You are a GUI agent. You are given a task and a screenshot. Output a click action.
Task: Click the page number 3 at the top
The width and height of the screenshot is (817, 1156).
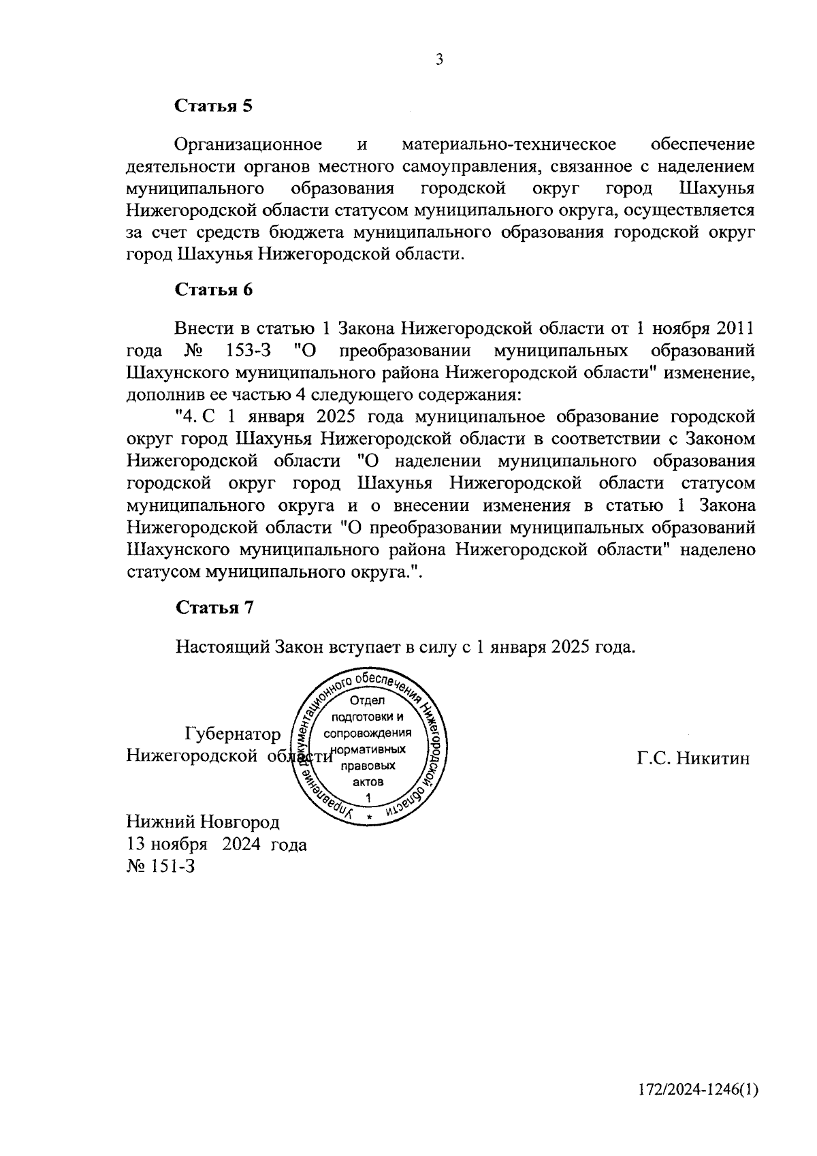click(440, 60)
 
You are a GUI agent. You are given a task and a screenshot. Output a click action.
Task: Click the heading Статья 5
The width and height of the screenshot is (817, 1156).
click(214, 106)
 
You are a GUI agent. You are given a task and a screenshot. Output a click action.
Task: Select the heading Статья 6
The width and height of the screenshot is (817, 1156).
click(214, 290)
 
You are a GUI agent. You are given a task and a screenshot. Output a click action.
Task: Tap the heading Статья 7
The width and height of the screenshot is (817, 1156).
click(214, 608)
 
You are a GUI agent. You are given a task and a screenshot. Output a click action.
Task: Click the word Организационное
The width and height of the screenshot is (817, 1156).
click(248, 144)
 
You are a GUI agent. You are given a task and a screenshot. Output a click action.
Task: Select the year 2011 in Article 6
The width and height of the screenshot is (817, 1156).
click(734, 329)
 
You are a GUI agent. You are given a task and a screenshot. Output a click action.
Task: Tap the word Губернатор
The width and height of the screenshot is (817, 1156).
click(232, 734)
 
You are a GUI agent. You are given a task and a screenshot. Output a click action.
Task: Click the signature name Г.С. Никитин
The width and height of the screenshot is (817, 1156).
click(694, 757)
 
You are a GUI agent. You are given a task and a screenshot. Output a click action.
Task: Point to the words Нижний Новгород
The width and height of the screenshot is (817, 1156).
click(203, 822)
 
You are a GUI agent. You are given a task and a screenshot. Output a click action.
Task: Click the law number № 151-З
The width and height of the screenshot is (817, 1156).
click(161, 866)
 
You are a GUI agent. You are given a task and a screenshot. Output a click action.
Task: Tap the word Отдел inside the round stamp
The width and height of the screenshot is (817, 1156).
click(368, 701)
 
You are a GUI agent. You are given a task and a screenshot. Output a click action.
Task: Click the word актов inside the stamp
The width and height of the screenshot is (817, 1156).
click(368, 782)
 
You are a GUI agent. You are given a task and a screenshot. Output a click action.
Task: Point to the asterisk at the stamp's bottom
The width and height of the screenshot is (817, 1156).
click(368, 816)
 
